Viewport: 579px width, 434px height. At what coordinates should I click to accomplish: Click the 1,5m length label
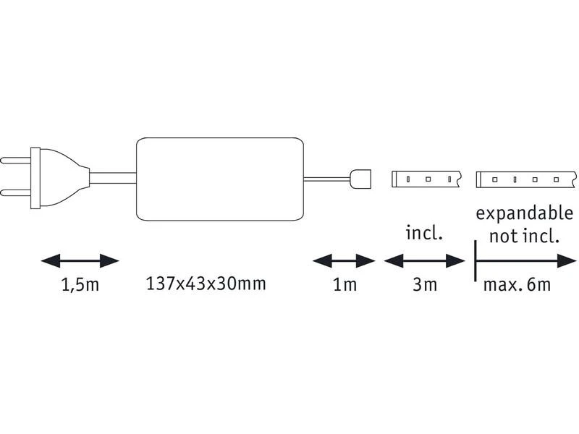80,284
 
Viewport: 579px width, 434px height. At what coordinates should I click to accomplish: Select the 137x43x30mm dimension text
206,283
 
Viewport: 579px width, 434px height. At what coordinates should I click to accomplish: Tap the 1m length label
344,284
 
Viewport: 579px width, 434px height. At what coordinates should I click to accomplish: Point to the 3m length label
425,284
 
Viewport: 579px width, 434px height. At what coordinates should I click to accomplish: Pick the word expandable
524,215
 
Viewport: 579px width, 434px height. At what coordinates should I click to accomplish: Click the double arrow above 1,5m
80,260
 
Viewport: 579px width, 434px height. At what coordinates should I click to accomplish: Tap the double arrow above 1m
344,260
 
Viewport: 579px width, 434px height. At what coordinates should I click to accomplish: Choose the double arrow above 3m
425,260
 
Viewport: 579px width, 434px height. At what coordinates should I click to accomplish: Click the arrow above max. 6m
525,260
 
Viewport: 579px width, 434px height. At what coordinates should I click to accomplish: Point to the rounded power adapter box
219,179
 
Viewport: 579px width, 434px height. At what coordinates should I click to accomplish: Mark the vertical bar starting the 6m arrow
475,260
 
